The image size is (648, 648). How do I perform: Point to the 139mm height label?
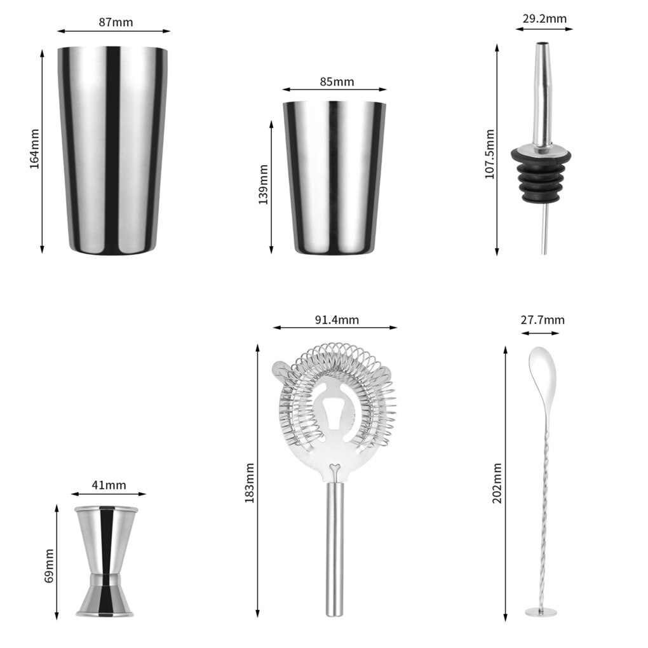point(263,184)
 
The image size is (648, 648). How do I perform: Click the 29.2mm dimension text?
point(544,18)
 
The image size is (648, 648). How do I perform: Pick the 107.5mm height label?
point(490,154)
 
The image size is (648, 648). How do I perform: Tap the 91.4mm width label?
point(337,320)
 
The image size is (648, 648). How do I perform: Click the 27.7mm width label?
point(542,320)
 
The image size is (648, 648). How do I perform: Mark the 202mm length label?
point(497,483)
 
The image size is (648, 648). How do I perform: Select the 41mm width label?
point(109,485)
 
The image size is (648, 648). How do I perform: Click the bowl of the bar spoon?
point(541,368)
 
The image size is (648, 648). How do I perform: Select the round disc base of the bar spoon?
point(541,612)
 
